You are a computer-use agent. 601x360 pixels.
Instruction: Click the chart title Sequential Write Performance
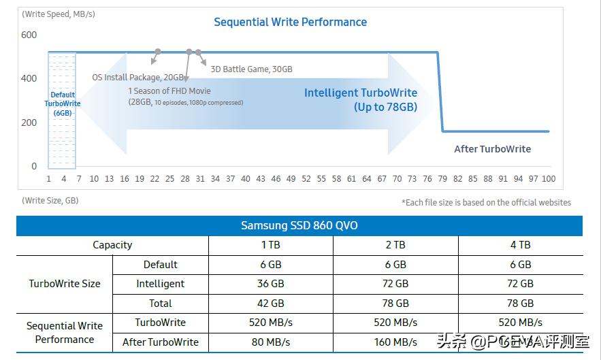coord(290,22)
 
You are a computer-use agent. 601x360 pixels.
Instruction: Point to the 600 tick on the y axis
coord(29,35)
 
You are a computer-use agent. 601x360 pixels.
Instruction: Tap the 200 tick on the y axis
coord(29,122)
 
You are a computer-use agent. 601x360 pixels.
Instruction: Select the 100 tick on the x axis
coord(548,178)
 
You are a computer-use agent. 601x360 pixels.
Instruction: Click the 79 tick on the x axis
coord(442,178)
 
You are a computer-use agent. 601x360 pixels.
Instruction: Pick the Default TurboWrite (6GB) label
coord(62,103)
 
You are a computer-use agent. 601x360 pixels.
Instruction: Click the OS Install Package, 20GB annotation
coord(138,77)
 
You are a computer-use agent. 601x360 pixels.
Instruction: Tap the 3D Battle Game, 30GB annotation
coord(251,69)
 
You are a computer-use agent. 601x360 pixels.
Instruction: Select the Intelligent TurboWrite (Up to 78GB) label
coord(361,99)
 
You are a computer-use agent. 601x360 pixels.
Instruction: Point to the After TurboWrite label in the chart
coord(492,149)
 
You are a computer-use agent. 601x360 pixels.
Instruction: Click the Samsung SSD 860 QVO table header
coord(299,225)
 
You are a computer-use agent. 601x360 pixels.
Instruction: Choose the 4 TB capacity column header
coord(520,245)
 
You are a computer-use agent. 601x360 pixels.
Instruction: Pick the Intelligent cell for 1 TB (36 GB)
coord(270,284)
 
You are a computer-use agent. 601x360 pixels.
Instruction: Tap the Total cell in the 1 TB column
coord(270,304)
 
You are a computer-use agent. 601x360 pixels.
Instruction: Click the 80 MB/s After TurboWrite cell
coord(270,342)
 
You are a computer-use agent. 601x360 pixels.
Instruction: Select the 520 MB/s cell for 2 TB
coord(395,323)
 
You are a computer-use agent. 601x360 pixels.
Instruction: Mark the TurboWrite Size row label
coord(65,284)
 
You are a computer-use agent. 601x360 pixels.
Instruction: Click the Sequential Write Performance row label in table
coord(65,333)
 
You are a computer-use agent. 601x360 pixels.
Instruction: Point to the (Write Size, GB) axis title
coord(50,200)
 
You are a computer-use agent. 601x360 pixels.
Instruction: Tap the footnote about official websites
coord(486,202)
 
